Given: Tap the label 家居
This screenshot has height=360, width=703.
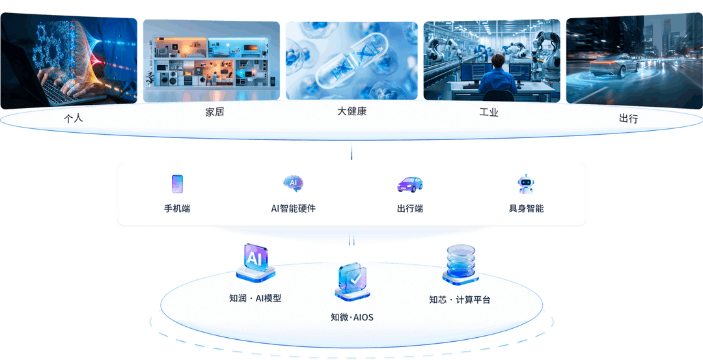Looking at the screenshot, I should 215,112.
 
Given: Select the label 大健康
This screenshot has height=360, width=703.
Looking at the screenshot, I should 351,111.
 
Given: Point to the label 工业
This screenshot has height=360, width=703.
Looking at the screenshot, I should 489,113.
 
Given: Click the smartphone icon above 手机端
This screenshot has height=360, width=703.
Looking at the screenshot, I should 177,184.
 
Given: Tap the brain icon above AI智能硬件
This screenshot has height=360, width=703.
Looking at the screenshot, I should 293,184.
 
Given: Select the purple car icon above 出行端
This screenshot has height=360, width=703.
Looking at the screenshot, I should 410,184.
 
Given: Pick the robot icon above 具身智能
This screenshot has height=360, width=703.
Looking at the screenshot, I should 525,184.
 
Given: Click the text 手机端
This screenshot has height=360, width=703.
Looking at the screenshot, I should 177,209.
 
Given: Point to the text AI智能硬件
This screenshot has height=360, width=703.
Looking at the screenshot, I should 293,209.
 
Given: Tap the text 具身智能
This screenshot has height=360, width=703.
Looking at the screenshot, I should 526,209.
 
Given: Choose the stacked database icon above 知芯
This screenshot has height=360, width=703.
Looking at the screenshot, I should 460,264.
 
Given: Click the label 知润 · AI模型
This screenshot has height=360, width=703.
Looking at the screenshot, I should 255,299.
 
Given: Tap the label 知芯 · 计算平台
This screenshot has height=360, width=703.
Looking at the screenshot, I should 460,300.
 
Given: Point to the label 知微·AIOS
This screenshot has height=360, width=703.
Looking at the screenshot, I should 351,318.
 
